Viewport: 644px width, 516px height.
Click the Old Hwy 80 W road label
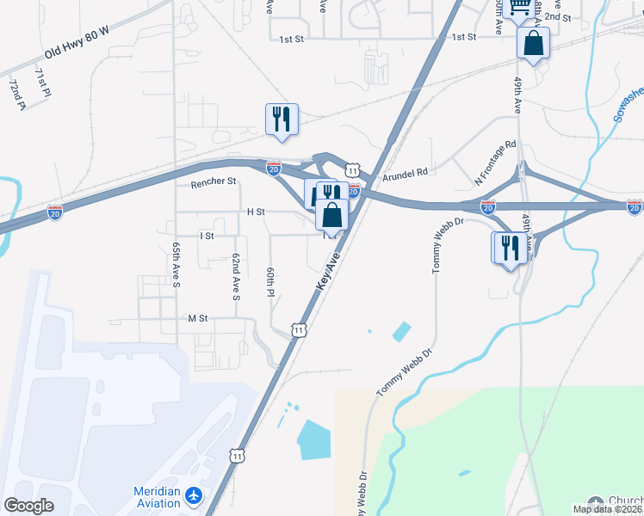[77, 41]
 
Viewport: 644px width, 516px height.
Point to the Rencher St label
[214, 182]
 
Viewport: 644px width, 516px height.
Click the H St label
[256, 212]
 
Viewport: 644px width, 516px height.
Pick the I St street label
[206, 235]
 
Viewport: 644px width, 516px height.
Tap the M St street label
[199, 318]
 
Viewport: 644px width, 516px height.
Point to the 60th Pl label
[270, 283]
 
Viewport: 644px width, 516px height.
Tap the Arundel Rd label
[410, 173]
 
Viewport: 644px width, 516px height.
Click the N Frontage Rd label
[496, 163]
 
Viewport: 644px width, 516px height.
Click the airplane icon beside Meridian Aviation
[195, 496]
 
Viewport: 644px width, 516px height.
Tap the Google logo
[29, 505]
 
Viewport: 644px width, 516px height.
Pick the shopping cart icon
[519, 8]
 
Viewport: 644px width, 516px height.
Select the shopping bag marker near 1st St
[533, 43]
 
